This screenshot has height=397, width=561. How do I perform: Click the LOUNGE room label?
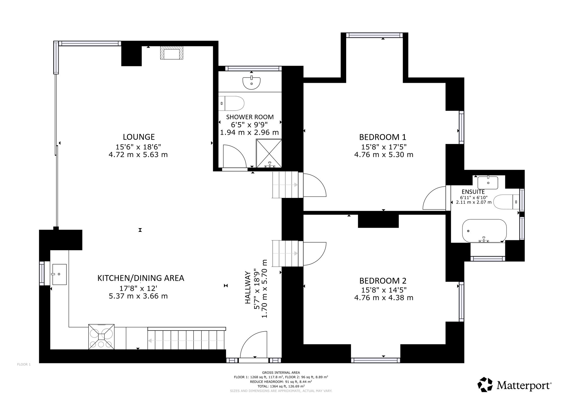[x=139, y=137]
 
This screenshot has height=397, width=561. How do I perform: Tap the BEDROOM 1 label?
[x=383, y=137]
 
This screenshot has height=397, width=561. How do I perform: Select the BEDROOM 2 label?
[x=383, y=281]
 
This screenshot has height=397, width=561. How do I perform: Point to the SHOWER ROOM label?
[x=250, y=117]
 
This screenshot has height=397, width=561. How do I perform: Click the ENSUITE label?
[x=473, y=192]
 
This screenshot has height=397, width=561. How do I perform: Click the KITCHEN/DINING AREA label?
[x=141, y=278]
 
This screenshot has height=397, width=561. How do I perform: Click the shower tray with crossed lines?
[x=269, y=153]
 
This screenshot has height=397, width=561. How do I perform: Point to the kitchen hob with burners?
[x=101, y=337]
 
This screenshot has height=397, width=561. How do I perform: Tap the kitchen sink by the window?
[x=59, y=274]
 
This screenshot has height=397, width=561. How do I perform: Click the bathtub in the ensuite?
[x=484, y=231]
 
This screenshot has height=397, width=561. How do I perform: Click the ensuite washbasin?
[x=488, y=182]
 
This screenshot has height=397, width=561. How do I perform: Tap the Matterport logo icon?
[x=485, y=384]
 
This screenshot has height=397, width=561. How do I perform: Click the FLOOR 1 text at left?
[x=24, y=364]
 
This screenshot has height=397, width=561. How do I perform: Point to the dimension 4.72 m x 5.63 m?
[x=138, y=155]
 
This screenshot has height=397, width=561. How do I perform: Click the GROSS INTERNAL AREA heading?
[x=281, y=373]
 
